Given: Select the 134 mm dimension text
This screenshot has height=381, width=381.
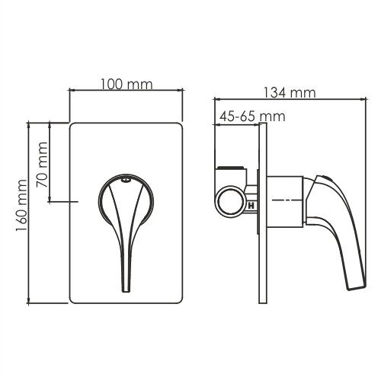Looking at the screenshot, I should [x=289, y=92].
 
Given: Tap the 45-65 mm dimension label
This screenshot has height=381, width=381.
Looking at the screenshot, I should [x=251, y=117].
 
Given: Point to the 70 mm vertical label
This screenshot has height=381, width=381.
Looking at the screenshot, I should [x=43, y=170].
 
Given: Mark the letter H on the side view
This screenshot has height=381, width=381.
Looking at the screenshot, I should [x=251, y=205].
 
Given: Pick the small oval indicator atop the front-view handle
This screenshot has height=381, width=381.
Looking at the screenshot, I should [x=124, y=181].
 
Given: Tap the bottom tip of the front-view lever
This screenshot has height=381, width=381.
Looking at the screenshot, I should [x=126, y=288].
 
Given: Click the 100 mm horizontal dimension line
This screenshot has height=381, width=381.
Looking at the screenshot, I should [x=126, y=91].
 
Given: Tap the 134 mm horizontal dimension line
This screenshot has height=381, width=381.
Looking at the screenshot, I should [x=290, y=99].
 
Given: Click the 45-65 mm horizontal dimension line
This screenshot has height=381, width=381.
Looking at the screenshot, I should [x=241, y=124].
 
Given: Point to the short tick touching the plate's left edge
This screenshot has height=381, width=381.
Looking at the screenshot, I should [x=75, y=201].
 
